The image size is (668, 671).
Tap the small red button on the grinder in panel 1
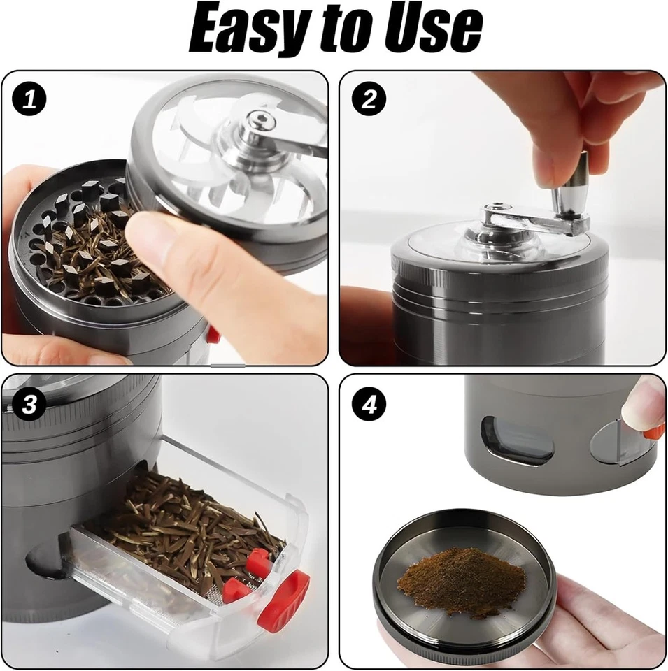click(213, 336)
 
